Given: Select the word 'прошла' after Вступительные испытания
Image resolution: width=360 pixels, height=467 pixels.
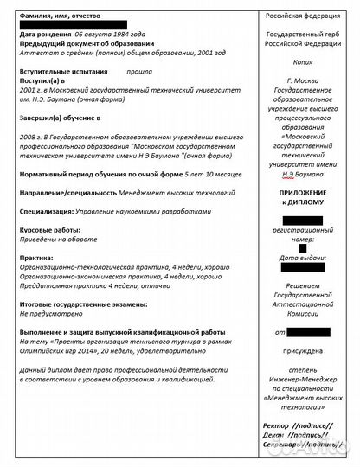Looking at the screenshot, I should click(139, 75).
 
